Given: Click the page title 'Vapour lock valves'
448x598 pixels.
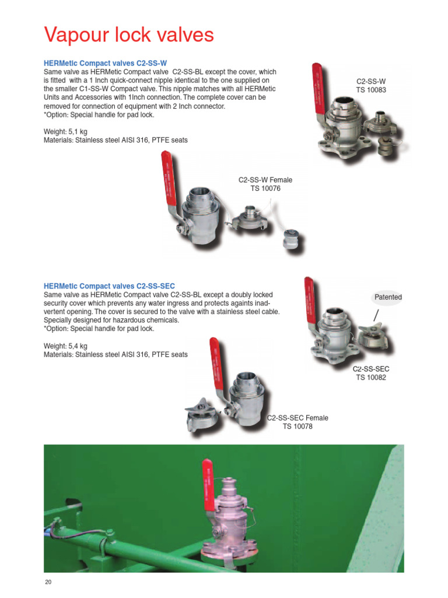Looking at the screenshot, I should pos(129,36).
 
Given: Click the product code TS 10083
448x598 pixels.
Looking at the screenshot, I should pos(371,91).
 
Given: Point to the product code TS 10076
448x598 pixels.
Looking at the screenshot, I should pos(265,189).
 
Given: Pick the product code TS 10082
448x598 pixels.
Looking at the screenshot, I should pos(371,378).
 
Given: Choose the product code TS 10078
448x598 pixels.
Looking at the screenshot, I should pos(297,427).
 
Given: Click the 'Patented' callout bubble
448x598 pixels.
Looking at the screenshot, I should pos(388,297).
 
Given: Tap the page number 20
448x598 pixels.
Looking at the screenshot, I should pos(48,582).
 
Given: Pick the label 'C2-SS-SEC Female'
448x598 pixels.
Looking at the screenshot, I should pos(297,418).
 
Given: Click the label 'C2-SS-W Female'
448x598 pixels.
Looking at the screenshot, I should pos(265,180).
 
